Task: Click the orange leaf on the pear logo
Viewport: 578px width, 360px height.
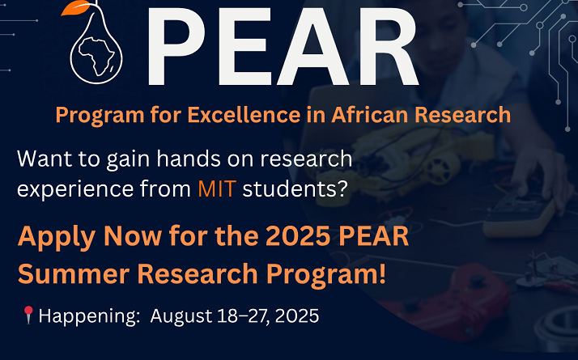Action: [74, 7]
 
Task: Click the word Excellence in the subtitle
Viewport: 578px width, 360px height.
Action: [244, 115]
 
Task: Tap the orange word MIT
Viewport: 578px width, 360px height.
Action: [217, 189]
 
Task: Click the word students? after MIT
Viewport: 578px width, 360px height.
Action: [295, 189]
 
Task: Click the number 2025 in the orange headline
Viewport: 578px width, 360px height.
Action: [298, 236]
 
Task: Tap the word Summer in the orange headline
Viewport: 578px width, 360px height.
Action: [74, 274]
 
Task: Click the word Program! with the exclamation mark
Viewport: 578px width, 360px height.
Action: [326, 275]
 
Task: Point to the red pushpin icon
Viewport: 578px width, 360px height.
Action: [28, 315]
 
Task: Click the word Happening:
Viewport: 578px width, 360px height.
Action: [89, 316]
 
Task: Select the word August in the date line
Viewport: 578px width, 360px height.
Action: [181, 316]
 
